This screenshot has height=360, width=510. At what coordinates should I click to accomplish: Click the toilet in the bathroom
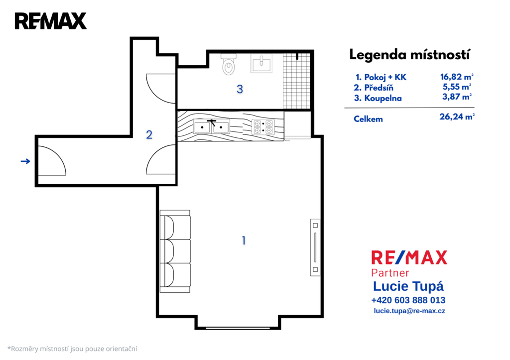point(229,64)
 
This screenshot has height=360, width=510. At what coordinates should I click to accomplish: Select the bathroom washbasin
point(261,63)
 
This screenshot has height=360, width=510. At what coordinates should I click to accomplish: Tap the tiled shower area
point(296,81)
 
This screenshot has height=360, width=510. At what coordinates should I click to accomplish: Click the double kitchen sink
point(211,126)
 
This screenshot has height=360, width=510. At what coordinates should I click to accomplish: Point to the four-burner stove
point(263,127)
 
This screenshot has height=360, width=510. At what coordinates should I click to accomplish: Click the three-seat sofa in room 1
point(175,251)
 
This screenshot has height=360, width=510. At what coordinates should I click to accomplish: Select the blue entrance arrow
point(25,161)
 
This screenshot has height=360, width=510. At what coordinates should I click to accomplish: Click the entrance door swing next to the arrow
point(52,161)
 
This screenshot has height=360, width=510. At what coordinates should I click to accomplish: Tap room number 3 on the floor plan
point(240,89)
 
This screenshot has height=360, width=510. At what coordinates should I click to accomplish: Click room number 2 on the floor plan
point(149,134)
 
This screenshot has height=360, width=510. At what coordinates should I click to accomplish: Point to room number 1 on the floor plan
point(244,240)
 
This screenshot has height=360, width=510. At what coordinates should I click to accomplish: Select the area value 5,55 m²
point(457,87)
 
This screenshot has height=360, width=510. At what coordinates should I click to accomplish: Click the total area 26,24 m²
point(457,117)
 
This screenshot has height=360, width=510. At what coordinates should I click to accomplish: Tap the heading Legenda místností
point(409,55)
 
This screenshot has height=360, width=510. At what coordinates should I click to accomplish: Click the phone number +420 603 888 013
point(408,300)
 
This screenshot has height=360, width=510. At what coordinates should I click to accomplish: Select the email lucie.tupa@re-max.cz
point(409,311)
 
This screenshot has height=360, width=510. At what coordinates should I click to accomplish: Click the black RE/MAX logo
point(51,21)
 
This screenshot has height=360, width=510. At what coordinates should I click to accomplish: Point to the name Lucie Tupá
point(408,286)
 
